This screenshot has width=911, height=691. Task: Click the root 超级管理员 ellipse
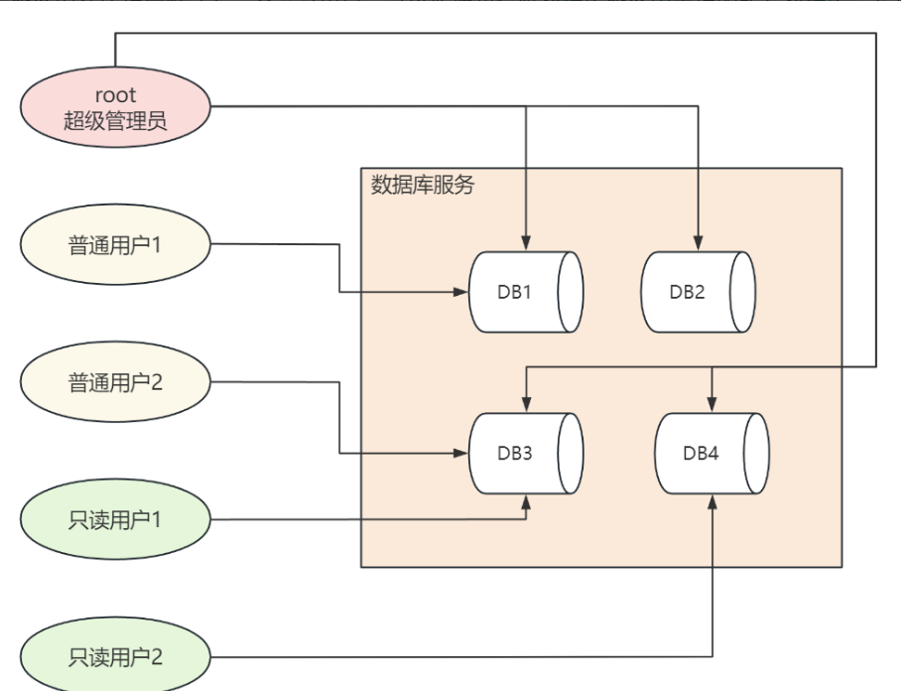(115, 109)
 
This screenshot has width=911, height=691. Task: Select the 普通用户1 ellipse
(115, 244)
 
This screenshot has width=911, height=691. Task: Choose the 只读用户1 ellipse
(115, 519)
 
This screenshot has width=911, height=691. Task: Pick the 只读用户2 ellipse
(115, 656)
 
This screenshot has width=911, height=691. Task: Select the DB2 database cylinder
(699, 292)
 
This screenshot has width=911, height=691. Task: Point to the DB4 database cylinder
(713, 454)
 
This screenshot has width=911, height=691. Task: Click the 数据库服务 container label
(423, 186)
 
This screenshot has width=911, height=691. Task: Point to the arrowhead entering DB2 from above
(699, 243)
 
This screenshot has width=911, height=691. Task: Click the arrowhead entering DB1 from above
(526, 243)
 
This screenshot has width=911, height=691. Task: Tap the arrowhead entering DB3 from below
(526, 502)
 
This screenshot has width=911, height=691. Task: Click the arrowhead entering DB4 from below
(713, 502)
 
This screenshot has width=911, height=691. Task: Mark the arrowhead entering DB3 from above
(526, 405)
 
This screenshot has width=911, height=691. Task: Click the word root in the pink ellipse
(115, 96)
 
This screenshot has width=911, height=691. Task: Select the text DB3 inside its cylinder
(515, 454)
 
